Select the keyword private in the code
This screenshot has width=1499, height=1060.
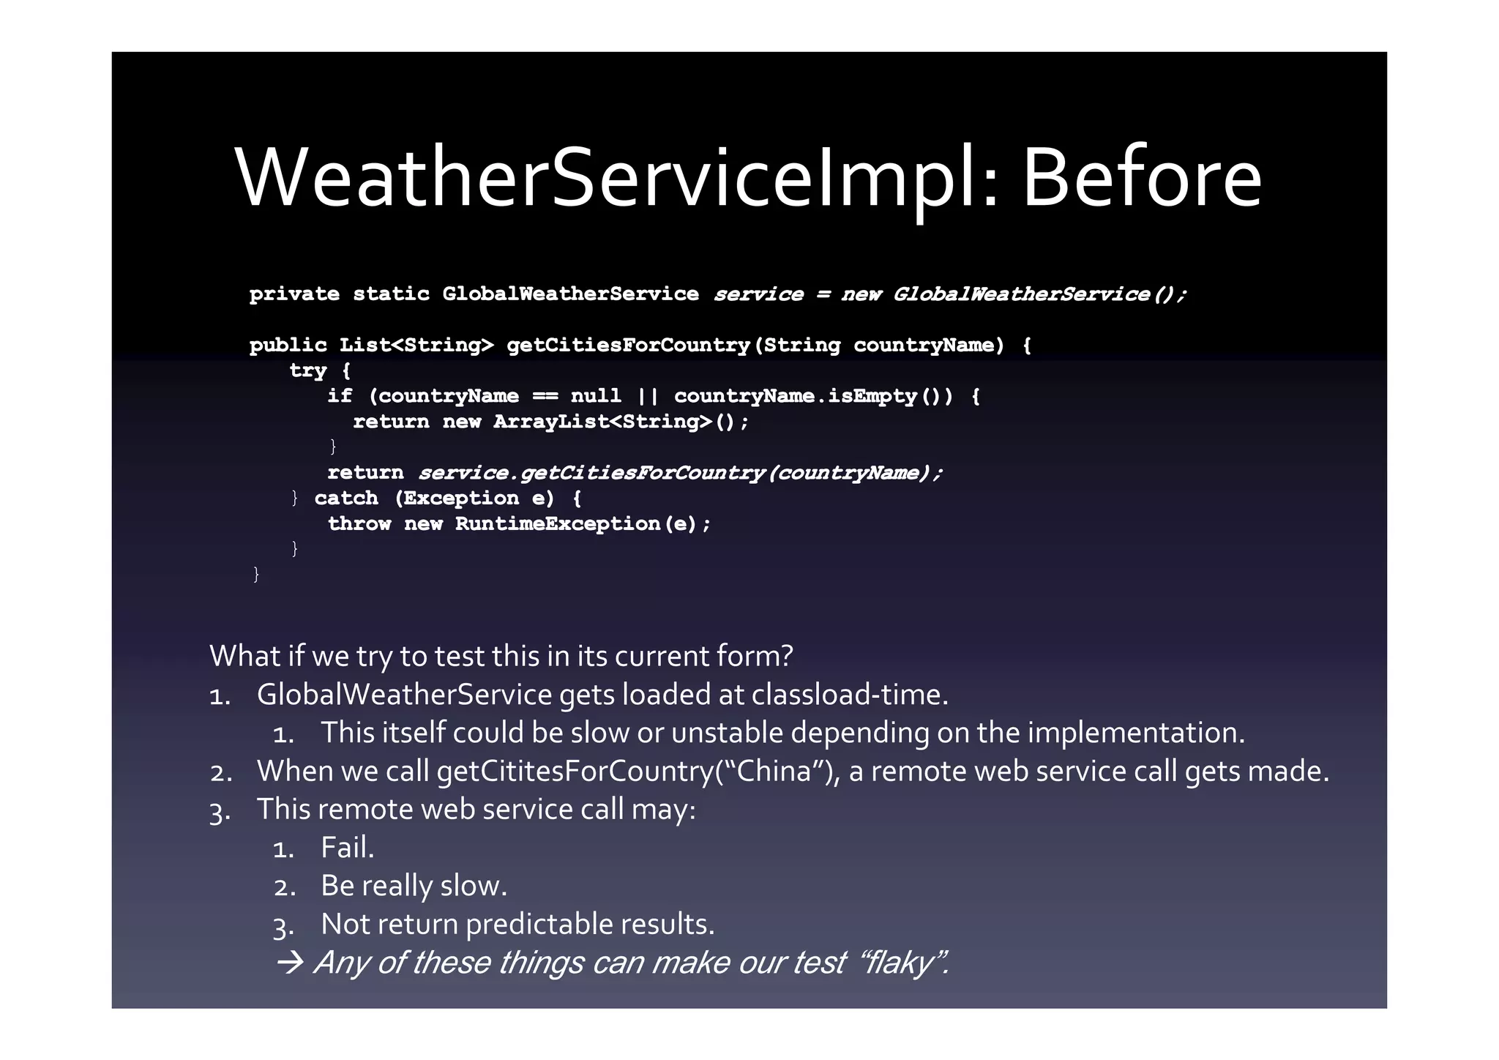294,294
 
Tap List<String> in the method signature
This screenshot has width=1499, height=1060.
416,345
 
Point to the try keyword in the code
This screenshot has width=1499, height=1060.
307,371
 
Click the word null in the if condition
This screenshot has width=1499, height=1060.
595,396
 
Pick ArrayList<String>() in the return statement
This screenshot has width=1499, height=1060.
620,422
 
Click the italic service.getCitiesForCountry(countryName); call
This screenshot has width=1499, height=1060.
680,473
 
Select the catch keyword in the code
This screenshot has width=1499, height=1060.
346,499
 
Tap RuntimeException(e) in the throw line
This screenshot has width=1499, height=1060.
582,524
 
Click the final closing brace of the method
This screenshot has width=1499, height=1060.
255,574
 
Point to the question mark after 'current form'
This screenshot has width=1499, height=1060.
787,656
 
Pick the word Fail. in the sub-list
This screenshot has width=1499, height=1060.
347,848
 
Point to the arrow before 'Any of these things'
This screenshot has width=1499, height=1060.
290,963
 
